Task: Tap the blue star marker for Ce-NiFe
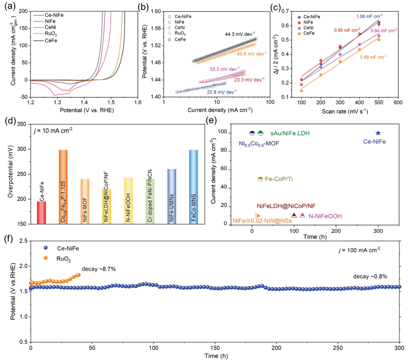tap(378, 133)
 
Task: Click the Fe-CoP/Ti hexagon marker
tap(260, 179)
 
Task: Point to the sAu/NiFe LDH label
tap(290, 133)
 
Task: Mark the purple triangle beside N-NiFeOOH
tap(302, 215)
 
